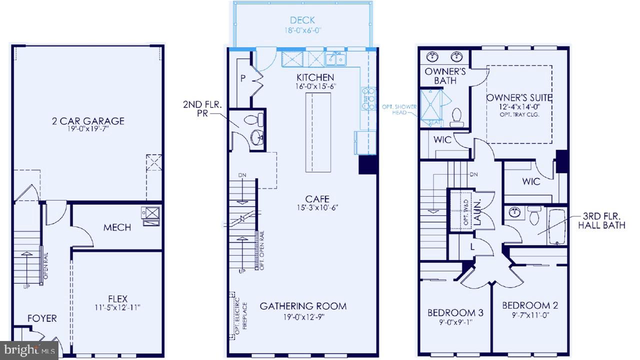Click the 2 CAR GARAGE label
87,121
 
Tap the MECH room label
117,227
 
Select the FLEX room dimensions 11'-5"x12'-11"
117,307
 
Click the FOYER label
42,318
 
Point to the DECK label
302,20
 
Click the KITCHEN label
315,77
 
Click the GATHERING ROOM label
302,306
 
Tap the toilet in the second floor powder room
257,119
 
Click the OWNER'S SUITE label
519,97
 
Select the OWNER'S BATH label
445,75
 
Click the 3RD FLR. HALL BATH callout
601,220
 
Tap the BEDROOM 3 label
455,313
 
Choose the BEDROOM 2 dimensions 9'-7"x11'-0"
530,315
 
